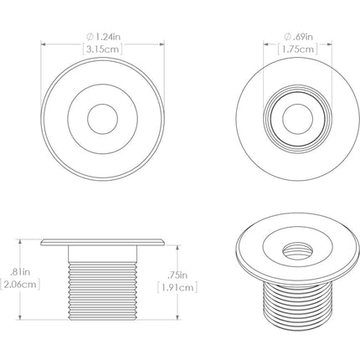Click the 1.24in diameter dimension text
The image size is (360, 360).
click(x=105, y=36)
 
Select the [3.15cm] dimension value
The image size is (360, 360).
click(x=101, y=49)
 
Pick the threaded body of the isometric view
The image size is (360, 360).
click(x=291, y=297)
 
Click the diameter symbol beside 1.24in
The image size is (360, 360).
click(x=89, y=36)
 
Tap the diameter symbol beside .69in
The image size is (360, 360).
click(x=287, y=36)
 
